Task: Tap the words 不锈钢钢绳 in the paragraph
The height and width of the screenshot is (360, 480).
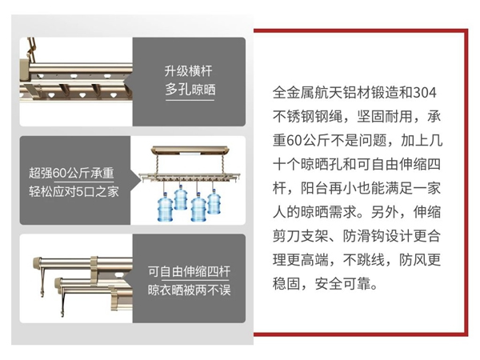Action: point(305,117)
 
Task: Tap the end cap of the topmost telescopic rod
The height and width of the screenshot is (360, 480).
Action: point(35,263)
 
